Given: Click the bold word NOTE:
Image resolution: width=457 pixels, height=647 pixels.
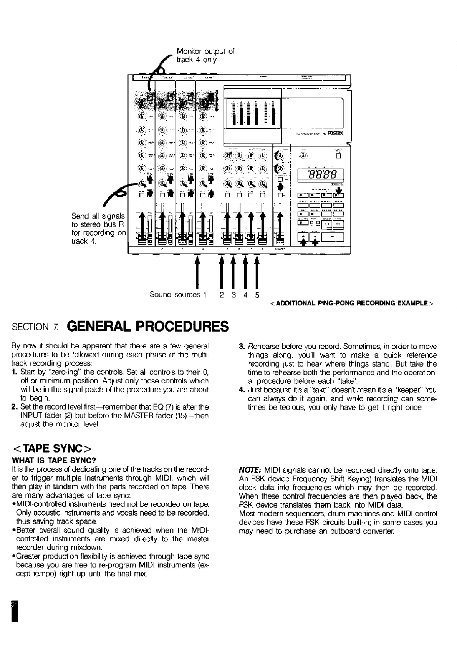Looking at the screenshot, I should pyautogui.click(x=250, y=470).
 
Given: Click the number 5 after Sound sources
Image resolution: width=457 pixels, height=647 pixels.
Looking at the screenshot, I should pyautogui.click(x=257, y=295).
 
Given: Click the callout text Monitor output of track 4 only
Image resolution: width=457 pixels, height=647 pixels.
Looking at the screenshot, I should pyautogui.click(x=205, y=56).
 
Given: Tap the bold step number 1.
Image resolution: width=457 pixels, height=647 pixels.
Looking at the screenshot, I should pyautogui.click(x=14, y=372).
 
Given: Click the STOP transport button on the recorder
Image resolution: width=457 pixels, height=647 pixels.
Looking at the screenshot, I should pyautogui.click(x=333, y=237).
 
